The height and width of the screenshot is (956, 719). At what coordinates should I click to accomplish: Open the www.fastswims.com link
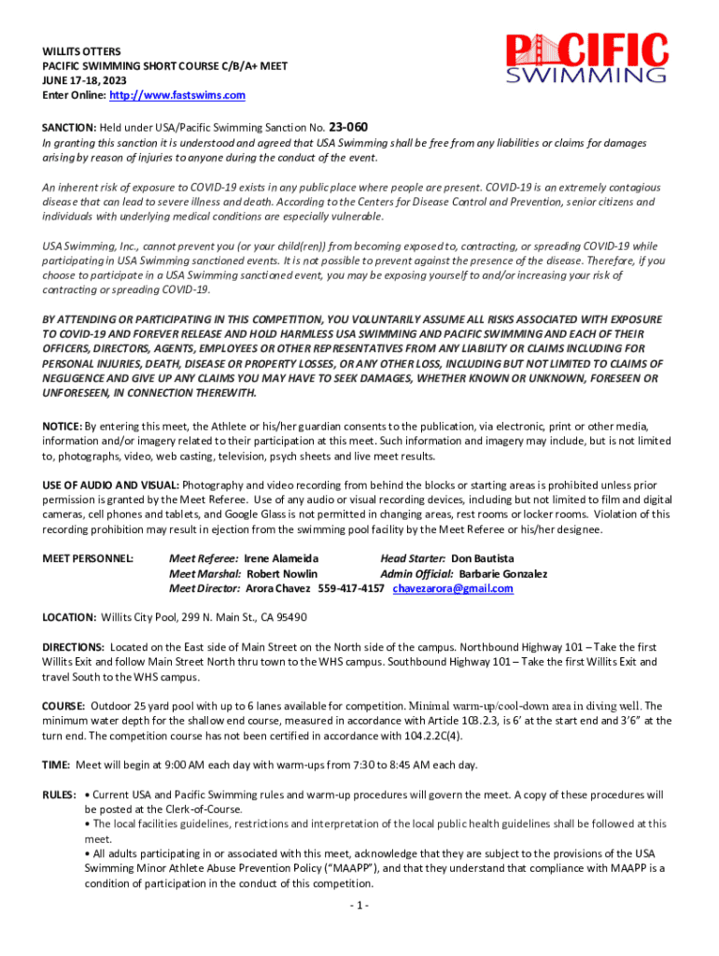pyautogui.click(x=177, y=95)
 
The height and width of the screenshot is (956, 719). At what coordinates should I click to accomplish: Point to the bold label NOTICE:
pyautogui.click(x=63, y=426)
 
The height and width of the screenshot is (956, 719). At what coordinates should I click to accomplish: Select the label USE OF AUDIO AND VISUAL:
pyautogui.click(x=111, y=485)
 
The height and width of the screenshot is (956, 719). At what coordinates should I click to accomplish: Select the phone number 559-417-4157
pyautogui.click(x=351, y=588)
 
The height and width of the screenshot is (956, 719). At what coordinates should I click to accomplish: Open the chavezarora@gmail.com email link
pyautogui.click(x=453, y=588)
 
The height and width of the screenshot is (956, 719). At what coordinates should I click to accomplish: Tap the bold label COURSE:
pyautogui.click(x=64, y=707)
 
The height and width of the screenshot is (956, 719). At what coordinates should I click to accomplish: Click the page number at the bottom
pyautogui.click(x=359, y=906)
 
